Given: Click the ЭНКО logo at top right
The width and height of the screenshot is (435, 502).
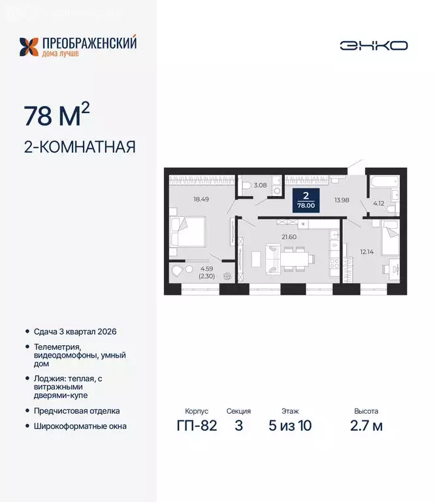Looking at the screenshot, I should pyautogui.click(x=374, y=45).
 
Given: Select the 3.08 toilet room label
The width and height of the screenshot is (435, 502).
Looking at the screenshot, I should pyautogui.click(x=259, y=186).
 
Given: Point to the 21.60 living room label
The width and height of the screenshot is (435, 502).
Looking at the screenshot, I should pyautogui.click(x=288, y=236).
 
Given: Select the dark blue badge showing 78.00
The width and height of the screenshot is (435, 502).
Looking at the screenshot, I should pyautogui.click(x=306, y=200).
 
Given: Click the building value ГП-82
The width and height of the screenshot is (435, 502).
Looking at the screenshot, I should pyautogui.click(x=196, y=426).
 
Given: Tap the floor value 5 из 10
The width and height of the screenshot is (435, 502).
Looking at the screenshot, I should pyautogui.click(x=290, y=426).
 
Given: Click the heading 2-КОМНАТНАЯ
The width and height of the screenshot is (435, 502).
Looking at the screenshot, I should pyautogui.click(x=80, y=146).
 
